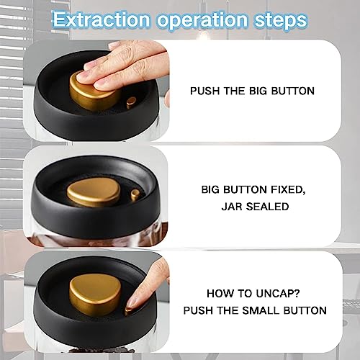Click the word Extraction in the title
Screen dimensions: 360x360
[x=101, y=19]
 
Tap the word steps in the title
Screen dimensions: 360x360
[x=281, y=20]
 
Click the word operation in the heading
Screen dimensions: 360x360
[x=202, y=21]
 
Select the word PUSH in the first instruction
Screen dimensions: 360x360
[x=204, y=91]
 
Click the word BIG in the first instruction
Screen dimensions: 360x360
[x=258, y=91]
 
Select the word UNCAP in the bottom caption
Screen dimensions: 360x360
[x=278, y=293]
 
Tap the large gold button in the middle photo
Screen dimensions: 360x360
[x=94, y=194]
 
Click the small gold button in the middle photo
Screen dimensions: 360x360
[x=135, y=194]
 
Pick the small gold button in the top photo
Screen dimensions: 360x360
[x=131, y=102]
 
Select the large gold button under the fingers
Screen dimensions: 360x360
[x=94, y=92]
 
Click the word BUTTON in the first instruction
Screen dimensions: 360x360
[x=293, y=91]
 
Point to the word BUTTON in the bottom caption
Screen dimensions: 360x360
[x=305, y=310]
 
